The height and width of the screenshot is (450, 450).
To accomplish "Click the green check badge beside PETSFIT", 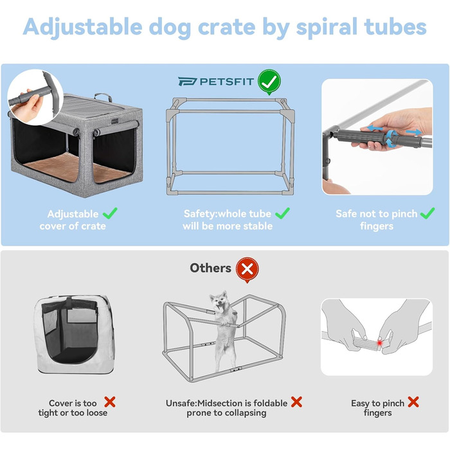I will (269, 82).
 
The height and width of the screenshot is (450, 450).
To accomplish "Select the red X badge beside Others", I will (247, 269).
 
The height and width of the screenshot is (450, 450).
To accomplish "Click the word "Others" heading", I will (210, 268).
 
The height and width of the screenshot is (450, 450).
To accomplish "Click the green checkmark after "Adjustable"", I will (111, 213).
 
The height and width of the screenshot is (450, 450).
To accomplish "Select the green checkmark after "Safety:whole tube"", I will (282, 213).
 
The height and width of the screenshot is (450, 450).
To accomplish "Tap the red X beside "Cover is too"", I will (109, 402).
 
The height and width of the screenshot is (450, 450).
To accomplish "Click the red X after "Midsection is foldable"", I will (296, 402).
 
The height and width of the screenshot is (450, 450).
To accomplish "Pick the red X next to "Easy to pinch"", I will (413, 402).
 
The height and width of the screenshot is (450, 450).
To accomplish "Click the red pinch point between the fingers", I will (381, 343).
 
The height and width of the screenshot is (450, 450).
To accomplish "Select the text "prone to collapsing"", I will (226, 413).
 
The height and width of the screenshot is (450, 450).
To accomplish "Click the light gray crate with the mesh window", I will (73, 335).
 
